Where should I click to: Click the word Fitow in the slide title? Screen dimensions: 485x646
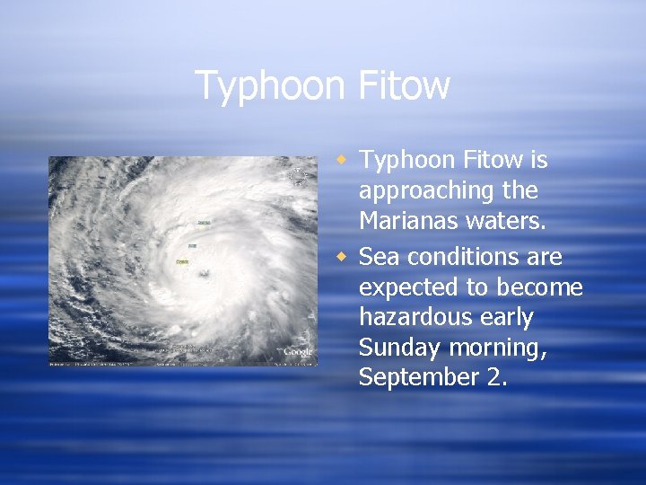(404, 86)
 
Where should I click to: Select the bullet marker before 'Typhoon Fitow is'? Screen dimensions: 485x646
(341, 160)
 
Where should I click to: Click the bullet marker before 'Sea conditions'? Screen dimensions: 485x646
(341, 258)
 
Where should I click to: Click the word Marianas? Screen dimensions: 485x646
(406, 221)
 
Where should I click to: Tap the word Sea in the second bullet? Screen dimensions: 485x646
(377, 257)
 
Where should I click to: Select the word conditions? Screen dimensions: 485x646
(460, 257)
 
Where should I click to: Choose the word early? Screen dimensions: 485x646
(504, 318)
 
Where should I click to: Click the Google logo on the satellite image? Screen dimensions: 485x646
(297, 352)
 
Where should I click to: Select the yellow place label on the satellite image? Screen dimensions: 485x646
(183, 262)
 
